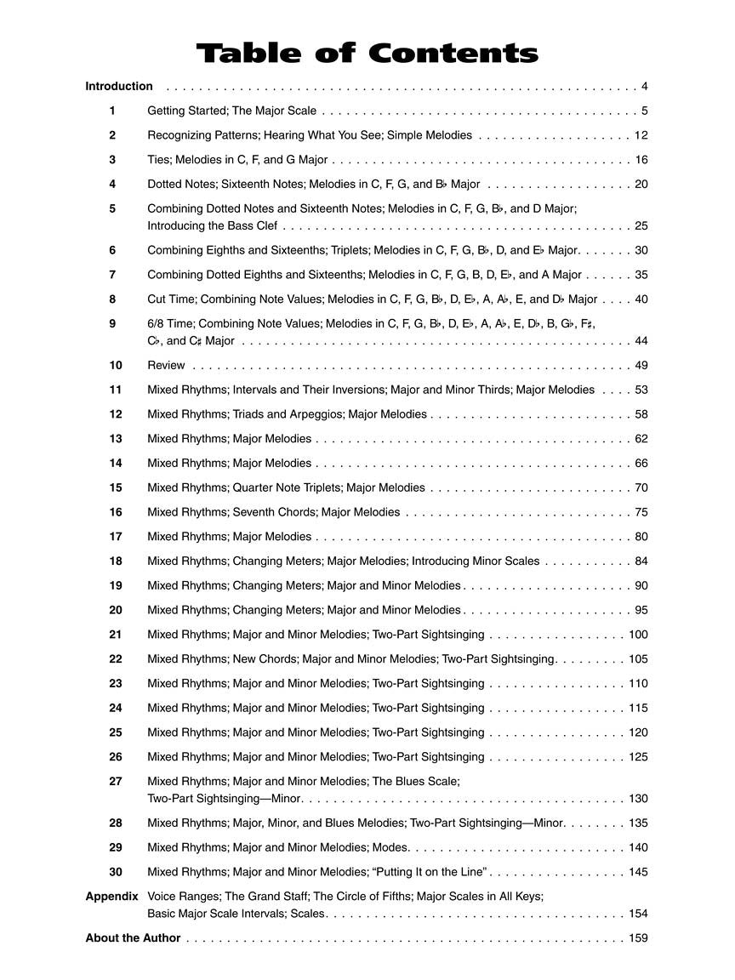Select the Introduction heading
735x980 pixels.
[x=119, y=86]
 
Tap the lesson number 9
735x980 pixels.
[x=112, y=323]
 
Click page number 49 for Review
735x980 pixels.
[x=641, y=365]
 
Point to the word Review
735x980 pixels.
[x=166, y=365]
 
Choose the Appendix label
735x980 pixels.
[x=111, y=896]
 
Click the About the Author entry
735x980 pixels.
[x=133, y=937]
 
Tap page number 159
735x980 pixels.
[x=638, y=937]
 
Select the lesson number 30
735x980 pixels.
[x=116, y=871]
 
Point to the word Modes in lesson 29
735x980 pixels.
[x=390, y=847]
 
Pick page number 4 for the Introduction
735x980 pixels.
[x=645, y=86]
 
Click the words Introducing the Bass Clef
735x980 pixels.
[x=213, y=225]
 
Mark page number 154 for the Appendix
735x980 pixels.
[x=638, y=914]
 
